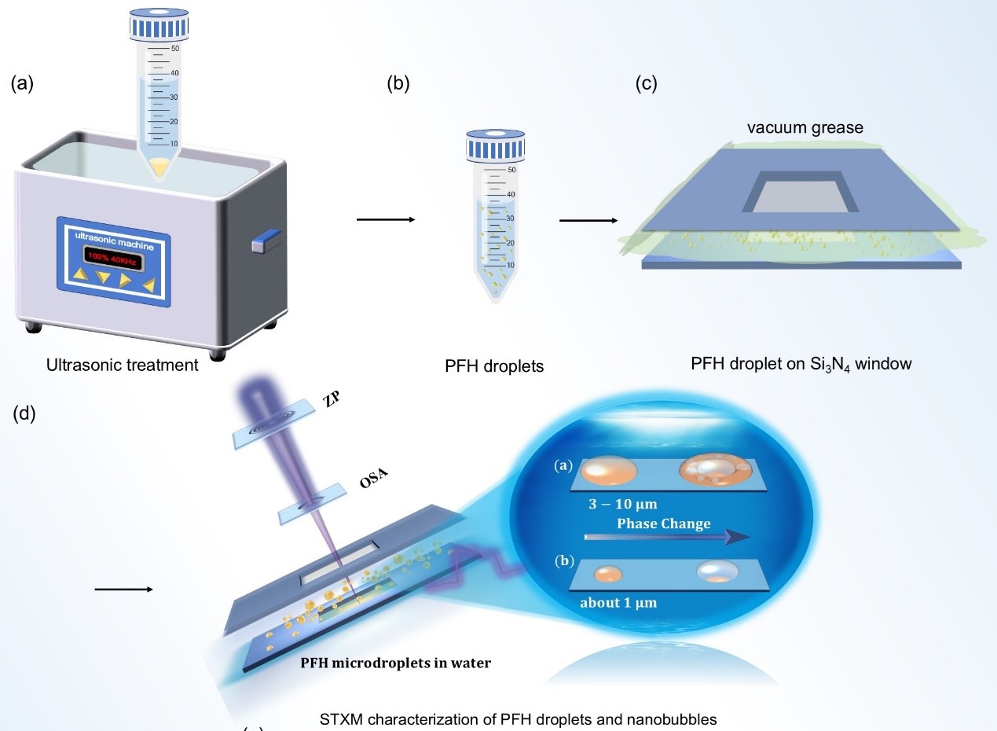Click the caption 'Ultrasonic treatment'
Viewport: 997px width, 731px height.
click(x=122, y=365)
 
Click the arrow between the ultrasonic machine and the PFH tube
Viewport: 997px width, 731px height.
click(x=385, y=219)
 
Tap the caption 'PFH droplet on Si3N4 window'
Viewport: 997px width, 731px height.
click(x=801, y=365)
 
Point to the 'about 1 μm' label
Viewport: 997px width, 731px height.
click(x=618, y=604)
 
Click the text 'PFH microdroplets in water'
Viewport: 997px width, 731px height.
click(x=396, y=663)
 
